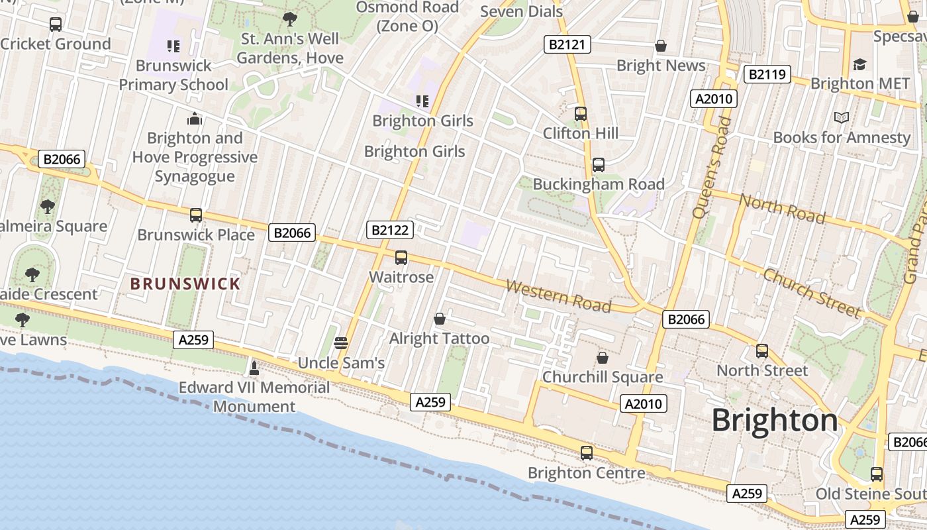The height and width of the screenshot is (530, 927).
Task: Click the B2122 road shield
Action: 390,230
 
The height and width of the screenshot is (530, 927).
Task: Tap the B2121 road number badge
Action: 567,44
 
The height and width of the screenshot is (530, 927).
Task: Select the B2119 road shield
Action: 767,74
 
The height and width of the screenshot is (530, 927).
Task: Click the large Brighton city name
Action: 775,421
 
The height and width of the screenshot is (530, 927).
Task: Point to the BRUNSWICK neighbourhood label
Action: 185,284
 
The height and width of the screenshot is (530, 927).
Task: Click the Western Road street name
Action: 558,295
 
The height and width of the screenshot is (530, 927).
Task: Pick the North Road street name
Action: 782,209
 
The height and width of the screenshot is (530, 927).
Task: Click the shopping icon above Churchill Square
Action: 603,358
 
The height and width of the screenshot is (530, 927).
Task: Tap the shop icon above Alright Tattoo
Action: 439,319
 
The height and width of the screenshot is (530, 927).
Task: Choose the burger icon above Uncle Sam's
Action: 341,343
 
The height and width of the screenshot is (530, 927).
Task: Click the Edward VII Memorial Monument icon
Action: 254,368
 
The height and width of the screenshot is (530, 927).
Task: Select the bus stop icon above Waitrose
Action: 401,258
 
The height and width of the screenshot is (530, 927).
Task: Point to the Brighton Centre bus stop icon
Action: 586,453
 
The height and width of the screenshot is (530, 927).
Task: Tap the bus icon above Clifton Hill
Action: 581,113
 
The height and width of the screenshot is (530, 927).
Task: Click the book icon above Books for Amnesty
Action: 841,117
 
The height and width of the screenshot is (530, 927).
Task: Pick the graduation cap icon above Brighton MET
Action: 859,64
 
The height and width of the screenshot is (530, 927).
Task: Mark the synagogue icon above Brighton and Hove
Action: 194,119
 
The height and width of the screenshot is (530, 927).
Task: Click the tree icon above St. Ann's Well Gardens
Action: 289,19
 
